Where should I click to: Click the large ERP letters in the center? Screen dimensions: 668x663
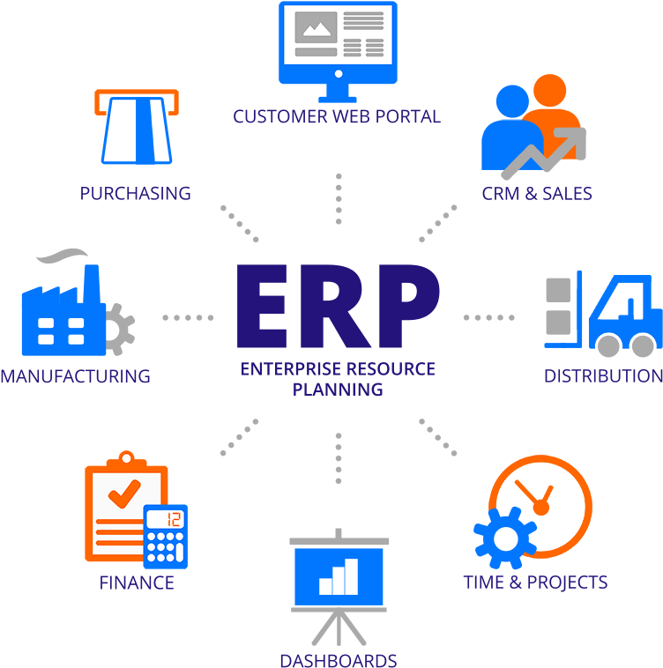[338, 308]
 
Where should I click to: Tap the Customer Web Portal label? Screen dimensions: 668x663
[336, 116]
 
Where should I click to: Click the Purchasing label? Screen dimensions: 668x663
[135, 193]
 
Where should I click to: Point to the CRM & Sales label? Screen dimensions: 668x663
[536, 193]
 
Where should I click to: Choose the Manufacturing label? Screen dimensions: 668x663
[75, 376]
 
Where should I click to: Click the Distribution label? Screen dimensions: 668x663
[603, 376]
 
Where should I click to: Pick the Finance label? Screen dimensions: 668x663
[137, 583]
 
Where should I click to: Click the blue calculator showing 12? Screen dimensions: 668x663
[166, 536]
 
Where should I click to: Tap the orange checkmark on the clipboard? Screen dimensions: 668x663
[123, 493]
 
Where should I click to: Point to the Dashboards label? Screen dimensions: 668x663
[338, 660]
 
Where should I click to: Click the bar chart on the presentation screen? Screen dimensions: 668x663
[339, 575]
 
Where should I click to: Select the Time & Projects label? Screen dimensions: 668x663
[535, 583]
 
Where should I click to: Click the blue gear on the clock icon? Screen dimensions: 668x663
[504, 537]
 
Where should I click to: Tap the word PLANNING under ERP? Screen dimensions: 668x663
[338, 389]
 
